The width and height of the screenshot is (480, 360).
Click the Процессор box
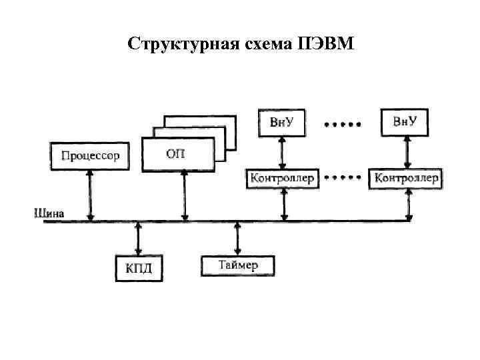(x=91, y=156)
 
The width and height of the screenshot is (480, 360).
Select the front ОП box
(x=178, y=154)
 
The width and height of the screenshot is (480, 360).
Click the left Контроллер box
(x=283, y=179)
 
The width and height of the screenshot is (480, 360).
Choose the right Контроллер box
(x=405, y=179)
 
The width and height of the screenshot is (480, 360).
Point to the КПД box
(x=139, y=268)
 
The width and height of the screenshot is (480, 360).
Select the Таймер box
(x=238, y=265)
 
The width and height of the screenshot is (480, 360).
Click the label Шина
(x=49, y=213)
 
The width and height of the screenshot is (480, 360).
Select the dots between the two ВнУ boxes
(x=343, y=124)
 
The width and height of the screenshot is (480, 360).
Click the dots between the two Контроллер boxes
(x=343, y=178)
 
